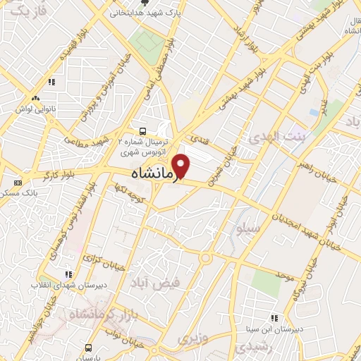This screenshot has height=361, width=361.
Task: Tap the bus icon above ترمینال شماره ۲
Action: (x=143, y=130)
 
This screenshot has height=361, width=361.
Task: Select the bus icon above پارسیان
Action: (x=89, y=348)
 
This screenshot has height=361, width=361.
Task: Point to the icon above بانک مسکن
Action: (x=17, y=182)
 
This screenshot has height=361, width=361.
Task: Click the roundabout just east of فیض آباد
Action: (x=205, y=258)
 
